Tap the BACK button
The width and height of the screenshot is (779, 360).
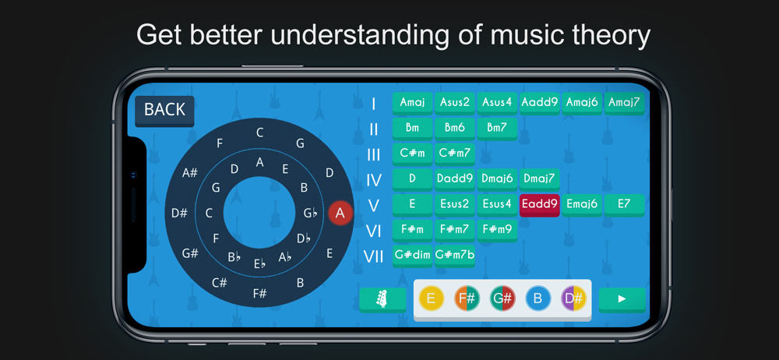[164, 111]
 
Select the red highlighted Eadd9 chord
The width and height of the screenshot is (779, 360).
[540, 205]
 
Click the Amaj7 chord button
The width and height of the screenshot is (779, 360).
[625, 103]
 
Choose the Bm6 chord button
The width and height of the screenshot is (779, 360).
[455, 129]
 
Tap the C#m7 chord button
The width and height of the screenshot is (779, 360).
[455, 154]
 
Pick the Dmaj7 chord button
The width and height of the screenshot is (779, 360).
[540, 179]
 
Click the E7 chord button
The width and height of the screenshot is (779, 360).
[625, 205]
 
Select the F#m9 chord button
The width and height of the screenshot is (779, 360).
[497, 230]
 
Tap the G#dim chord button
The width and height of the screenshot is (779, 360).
[412, 256]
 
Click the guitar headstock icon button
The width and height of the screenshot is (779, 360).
[382, 300]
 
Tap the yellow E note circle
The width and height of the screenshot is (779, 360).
[432, 299]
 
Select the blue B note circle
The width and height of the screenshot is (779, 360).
[538, 299]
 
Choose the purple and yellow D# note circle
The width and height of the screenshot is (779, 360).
[574, 299]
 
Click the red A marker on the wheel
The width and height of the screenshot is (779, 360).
[340, 213]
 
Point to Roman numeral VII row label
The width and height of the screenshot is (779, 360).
[374, 257]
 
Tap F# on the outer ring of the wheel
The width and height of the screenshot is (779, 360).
[260, 293]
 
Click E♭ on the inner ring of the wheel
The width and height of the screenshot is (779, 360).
[260, 263]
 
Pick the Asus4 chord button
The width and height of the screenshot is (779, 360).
[497, 103]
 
